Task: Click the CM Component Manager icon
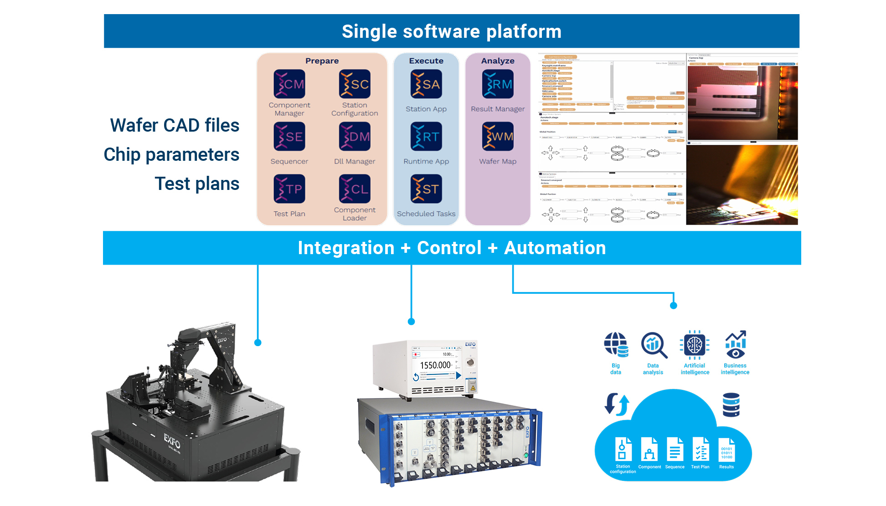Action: click(x=289, y=84)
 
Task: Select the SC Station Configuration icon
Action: click(x=355, y=84)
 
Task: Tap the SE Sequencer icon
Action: click(x=289, y=137)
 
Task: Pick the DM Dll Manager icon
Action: click(x=355, y=137)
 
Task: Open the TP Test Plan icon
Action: click(x=289, y=189)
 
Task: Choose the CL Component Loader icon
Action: click(x=355, y=189)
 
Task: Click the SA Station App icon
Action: click(x=426, y=84)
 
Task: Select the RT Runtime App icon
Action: click(x=426, y=137)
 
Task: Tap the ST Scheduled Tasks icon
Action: click(x=426, y=189)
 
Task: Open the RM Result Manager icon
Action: click(x=498, y=84)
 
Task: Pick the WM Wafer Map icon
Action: click(x=498, y=137)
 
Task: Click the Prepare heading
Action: click(x=322, y=61)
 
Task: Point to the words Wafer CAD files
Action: click(x=175, y=125)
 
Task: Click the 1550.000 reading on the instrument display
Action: click(x=435, y=365)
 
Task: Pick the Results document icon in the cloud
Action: click(x=726, y=450)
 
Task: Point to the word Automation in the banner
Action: click(x=555, y=248)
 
